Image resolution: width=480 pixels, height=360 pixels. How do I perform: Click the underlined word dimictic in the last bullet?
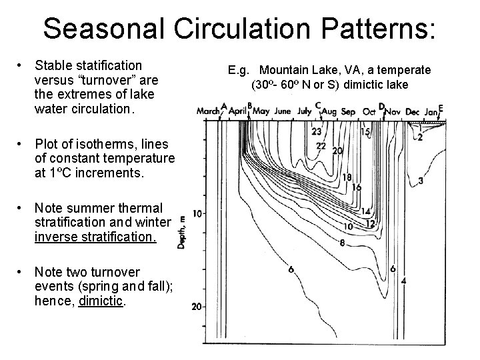click(x=100, y=301)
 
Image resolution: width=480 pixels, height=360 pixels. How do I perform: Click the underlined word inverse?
click(x=55, y=237)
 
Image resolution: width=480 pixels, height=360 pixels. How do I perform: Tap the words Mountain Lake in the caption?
click(x=293, y=70)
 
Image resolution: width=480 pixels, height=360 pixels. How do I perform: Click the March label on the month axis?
click(x=209, y=111)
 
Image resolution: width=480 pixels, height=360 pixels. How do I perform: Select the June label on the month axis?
click(x=282, y=111)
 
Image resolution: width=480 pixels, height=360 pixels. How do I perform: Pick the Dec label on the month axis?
click(x=413, y=112)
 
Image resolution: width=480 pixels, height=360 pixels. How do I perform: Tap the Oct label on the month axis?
click(x=369, y=111)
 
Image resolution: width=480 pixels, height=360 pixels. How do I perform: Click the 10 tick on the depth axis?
click(x=197, y=213)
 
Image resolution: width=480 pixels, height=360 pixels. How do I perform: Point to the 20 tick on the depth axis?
click(x=197, y=307)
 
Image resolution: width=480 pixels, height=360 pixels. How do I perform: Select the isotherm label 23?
click(x=316, y=131)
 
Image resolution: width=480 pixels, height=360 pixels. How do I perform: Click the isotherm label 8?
click(x=342, y=243)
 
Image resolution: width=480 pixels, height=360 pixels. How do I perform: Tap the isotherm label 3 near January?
click(x=421, y=181)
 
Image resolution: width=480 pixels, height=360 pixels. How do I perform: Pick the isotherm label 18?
click(x=347, y=177)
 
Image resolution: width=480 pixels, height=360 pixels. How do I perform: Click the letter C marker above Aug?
click(x=318, y=105)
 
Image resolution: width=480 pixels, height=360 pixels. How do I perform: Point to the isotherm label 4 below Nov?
click(x=404, y=281)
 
